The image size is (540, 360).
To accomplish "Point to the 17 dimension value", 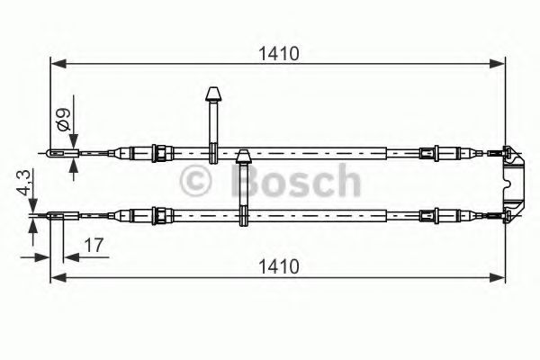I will (x=93, y=244).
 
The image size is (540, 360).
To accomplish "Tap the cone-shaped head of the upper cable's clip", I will (x=214, y=94).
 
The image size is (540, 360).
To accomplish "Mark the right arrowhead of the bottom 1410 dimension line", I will (x=499, y=276).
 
